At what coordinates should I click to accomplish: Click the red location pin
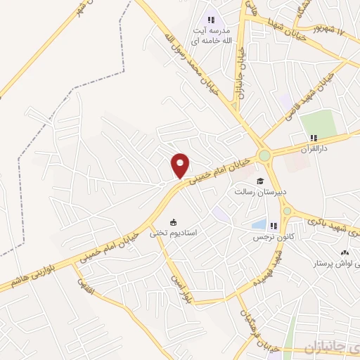[181, 165]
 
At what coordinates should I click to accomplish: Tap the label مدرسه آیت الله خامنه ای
[211, 37]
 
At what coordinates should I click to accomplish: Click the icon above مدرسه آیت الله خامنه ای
[211, 20]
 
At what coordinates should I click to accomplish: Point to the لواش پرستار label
[337, 264]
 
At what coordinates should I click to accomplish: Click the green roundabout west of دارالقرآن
[264, 155]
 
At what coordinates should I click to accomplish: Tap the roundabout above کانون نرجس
[287, 210]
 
